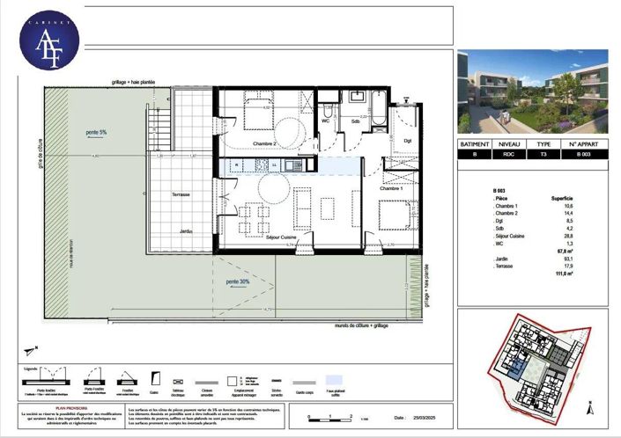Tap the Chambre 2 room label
pyautogui.click(x=240, y=143)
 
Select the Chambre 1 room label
pyautogui.click(x=390, y=188)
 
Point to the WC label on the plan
pyautogui.click(x=325, y=122)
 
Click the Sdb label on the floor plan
pyautogui.click(x=356, y=122)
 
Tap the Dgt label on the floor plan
pyautogui.click(x=408, y=139)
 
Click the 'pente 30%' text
pyautogui.click(x=239, y=281)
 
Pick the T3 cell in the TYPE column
pyautogui.click(x=543, y=155)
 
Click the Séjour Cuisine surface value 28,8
pyautogui.click(x=567, y=237)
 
